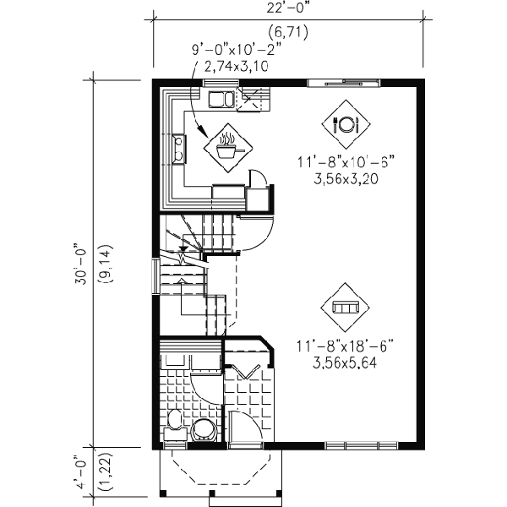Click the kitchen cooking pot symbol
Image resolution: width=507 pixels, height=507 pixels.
(x=226, y=145)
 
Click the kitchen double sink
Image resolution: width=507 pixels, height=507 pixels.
(x=222, y=100)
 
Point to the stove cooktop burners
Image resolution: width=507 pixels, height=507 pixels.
(x=180, y=150)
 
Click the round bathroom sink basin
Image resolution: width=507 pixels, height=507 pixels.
(x=204, y=428)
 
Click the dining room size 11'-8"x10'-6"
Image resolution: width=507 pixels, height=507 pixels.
(x=346, y=161)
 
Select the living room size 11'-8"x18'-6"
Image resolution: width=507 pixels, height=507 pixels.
(x=346, y=346)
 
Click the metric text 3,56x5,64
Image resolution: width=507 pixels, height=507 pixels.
(x=346, y=363)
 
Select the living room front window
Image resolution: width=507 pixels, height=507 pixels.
(x=361, y=444)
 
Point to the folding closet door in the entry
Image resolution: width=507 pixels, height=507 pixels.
(x=249, y=371)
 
